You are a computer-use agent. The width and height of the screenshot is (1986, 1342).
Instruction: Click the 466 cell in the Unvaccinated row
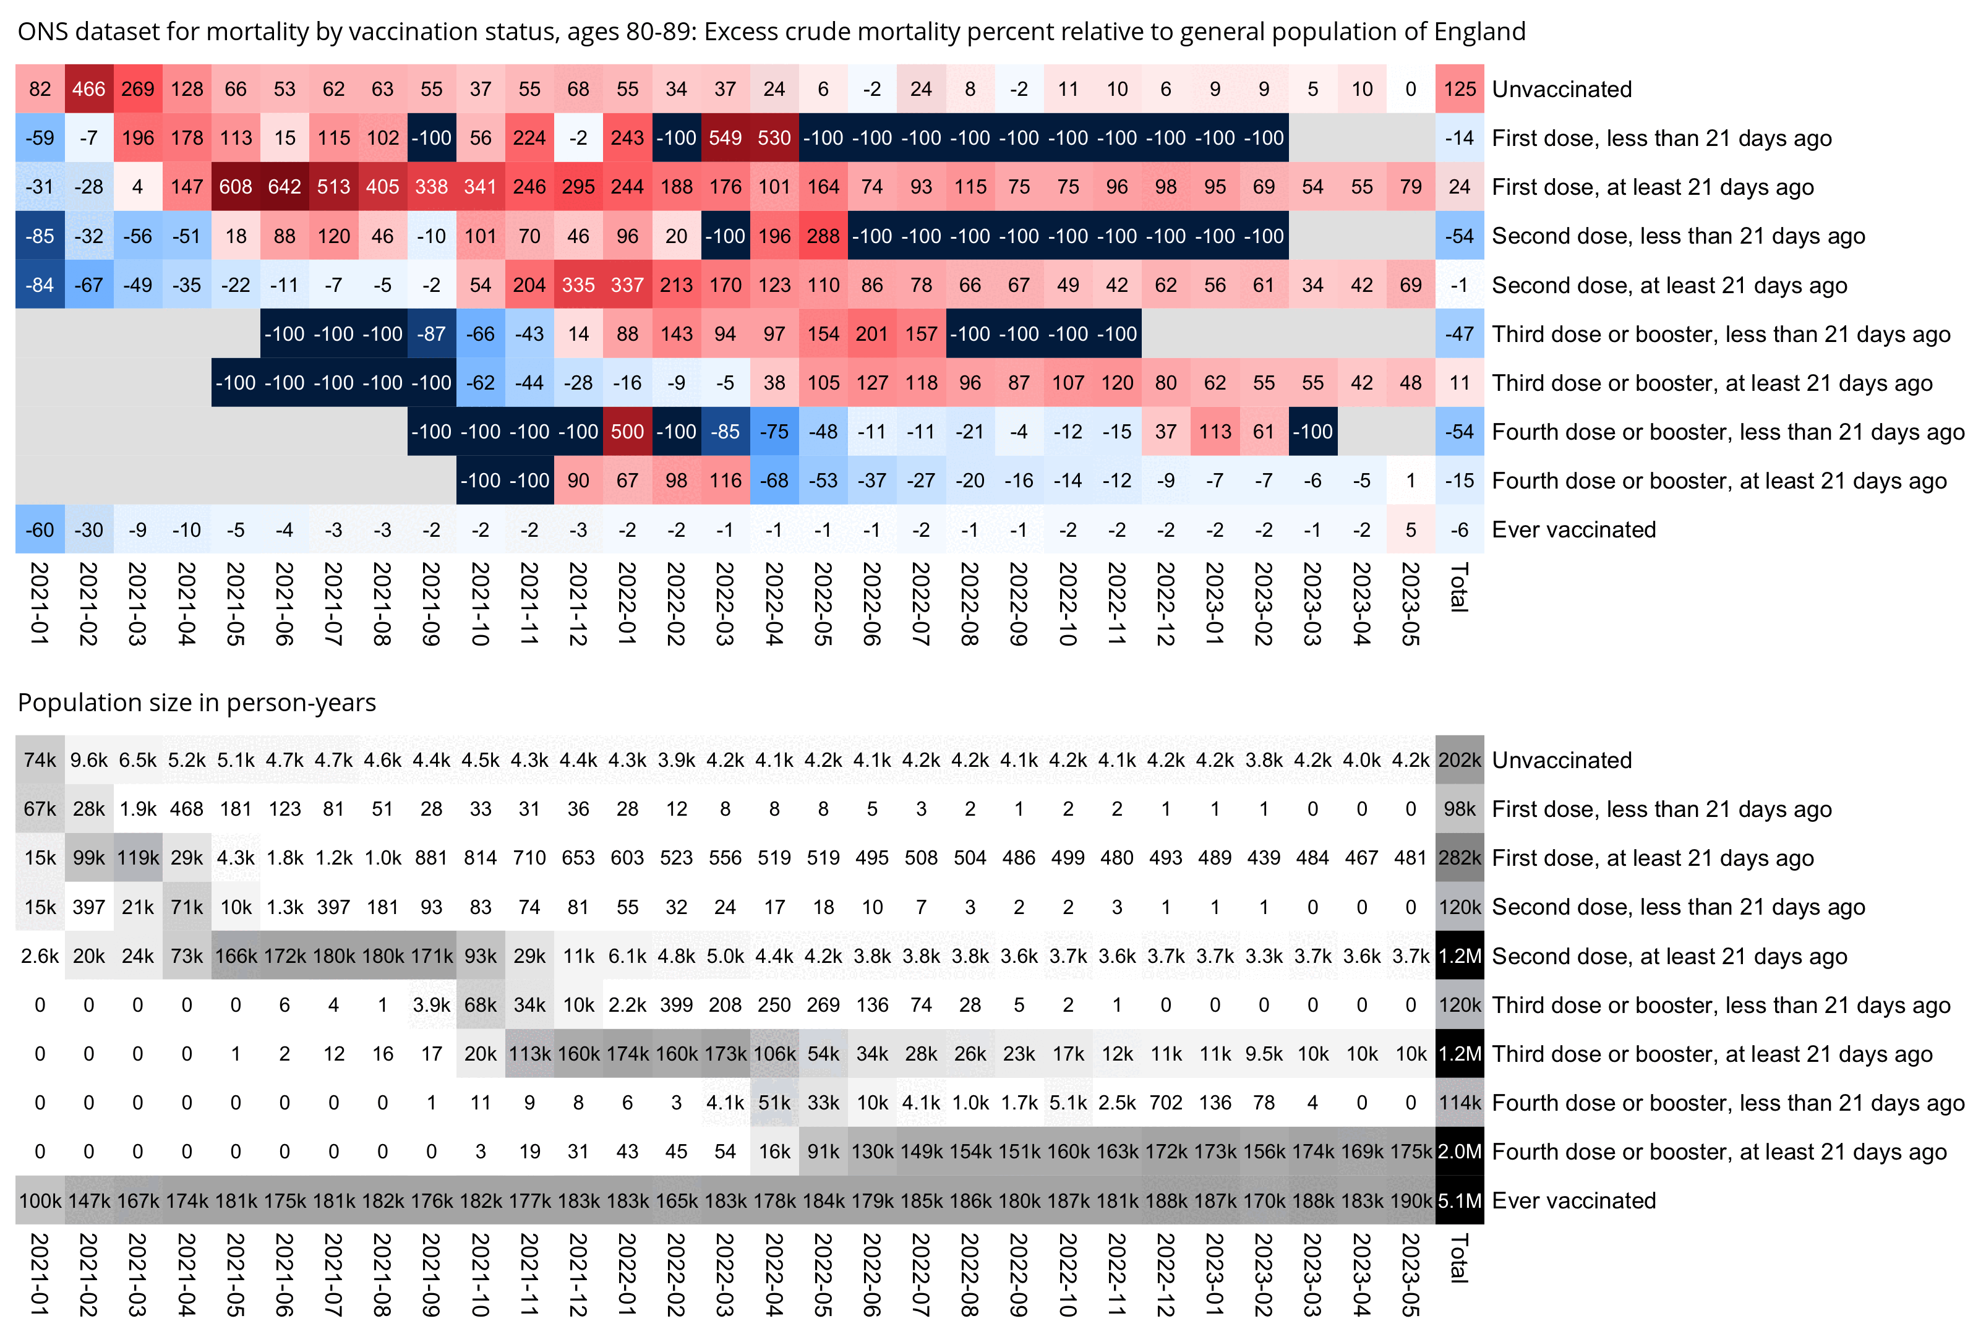click(x=89, y=89)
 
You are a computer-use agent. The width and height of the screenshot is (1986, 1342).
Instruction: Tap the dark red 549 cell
click(x=725, y=137)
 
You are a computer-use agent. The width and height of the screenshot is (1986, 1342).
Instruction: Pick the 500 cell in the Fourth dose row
click(x=627, y=432)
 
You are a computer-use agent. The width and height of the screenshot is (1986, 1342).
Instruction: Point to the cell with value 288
click(x=823, y=236)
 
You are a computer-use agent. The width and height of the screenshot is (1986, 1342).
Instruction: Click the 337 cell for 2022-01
click(x=627, y=284)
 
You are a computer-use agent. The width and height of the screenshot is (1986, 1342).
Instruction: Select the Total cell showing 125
click(x=1460, y=89)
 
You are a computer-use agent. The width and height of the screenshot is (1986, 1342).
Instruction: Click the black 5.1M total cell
click(x=1460, y=1200)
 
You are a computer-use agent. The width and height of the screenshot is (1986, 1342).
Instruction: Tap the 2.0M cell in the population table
click(x=1460, y=1152)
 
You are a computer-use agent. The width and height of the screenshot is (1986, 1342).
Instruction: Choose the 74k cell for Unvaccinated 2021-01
click(x=40, y=759)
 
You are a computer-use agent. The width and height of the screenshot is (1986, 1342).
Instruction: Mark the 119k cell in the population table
click(x=137, y=858)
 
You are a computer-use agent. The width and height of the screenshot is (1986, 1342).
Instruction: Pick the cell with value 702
click(x=1166, y=1103)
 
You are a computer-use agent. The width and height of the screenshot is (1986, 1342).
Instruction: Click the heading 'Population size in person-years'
click(x=197, y=702)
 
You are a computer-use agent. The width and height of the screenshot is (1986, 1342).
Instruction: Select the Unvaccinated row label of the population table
click(x=1561, y=759)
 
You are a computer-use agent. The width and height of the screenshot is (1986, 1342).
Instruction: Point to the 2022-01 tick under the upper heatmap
click(x=627, y=603)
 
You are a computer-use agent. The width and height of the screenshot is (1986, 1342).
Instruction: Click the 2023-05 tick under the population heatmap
click(x=1411, y=1273)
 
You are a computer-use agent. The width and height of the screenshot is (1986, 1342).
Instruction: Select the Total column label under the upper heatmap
click(x=1460, y=587)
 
